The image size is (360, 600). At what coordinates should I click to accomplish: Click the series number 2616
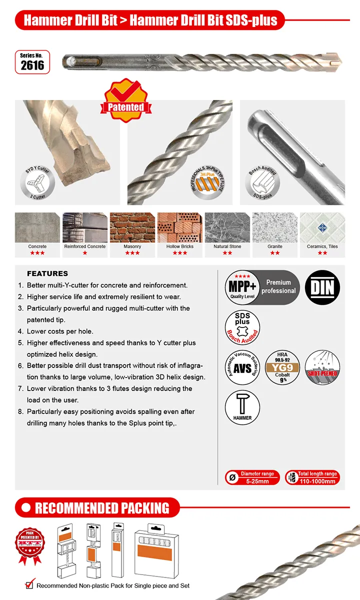(32, 65)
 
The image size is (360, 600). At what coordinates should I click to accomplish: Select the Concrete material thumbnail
(37, 227)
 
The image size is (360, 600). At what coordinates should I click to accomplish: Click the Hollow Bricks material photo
(179, 227)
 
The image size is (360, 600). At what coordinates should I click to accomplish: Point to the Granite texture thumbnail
(274, 227)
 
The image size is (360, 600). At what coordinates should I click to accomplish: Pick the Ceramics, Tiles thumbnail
(322, 227)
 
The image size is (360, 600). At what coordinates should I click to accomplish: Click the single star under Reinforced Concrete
(84, 253)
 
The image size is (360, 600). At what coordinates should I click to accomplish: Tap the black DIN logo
(322, 287)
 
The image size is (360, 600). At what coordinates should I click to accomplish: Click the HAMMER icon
(242, 405)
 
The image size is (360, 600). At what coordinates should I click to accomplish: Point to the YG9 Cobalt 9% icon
(282, 367)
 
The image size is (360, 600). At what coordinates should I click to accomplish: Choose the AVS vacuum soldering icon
(242, 367)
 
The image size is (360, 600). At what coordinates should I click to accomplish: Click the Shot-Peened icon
(322, 367)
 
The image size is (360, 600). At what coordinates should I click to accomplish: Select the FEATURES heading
(47, 273)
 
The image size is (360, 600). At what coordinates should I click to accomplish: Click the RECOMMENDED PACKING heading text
(102, 508)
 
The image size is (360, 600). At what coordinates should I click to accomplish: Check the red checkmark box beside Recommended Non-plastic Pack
(30, 585)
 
